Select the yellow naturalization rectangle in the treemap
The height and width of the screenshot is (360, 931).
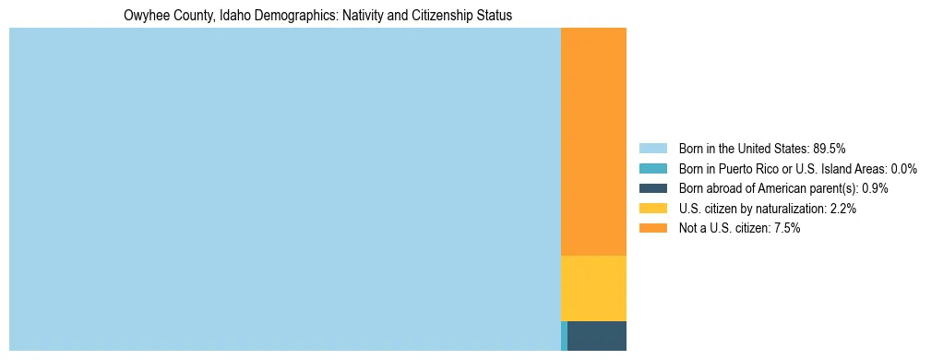(x=593, y=288)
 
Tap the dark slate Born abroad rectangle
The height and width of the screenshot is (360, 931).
(x=597, y=335)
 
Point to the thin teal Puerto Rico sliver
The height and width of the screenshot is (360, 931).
(x=564, y=335)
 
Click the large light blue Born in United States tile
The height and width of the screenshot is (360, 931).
(x=284, y=189)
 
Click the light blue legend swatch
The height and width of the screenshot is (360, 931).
(x=652, y=149)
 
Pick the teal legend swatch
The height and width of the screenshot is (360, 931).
(x=652, y=169)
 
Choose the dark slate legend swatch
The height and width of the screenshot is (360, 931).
(x=652, y=188)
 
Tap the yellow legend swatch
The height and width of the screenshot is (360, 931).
(x=652, y=209)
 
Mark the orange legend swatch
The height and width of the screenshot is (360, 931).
(x=652, y=228)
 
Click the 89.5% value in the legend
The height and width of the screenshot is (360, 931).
(x=830, y=149)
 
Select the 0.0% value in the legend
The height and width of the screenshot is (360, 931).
(x=903, y=169)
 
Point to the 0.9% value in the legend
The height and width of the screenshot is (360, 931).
(x=875, y=188)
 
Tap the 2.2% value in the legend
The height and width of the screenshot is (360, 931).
(x=843, y=209)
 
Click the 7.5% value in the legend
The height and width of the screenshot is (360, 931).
(x=787, y=228)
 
